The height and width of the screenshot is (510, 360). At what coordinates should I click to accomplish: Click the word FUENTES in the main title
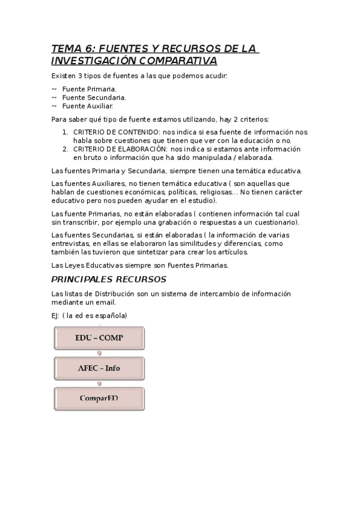click(121, 49)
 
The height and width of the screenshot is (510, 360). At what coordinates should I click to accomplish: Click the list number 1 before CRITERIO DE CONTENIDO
click(66, 132)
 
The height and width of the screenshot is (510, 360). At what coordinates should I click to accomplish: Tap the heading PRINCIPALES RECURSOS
click(109, 280)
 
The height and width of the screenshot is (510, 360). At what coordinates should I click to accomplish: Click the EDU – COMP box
click(99, 338)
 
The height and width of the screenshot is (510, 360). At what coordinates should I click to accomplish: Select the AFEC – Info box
click(99, 368)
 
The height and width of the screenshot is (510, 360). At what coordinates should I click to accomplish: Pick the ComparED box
click(99, 398)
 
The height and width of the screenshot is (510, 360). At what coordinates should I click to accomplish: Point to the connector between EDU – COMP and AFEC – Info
click(99, 354)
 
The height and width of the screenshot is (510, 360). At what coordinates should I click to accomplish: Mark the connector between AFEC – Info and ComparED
click(99, 384)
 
